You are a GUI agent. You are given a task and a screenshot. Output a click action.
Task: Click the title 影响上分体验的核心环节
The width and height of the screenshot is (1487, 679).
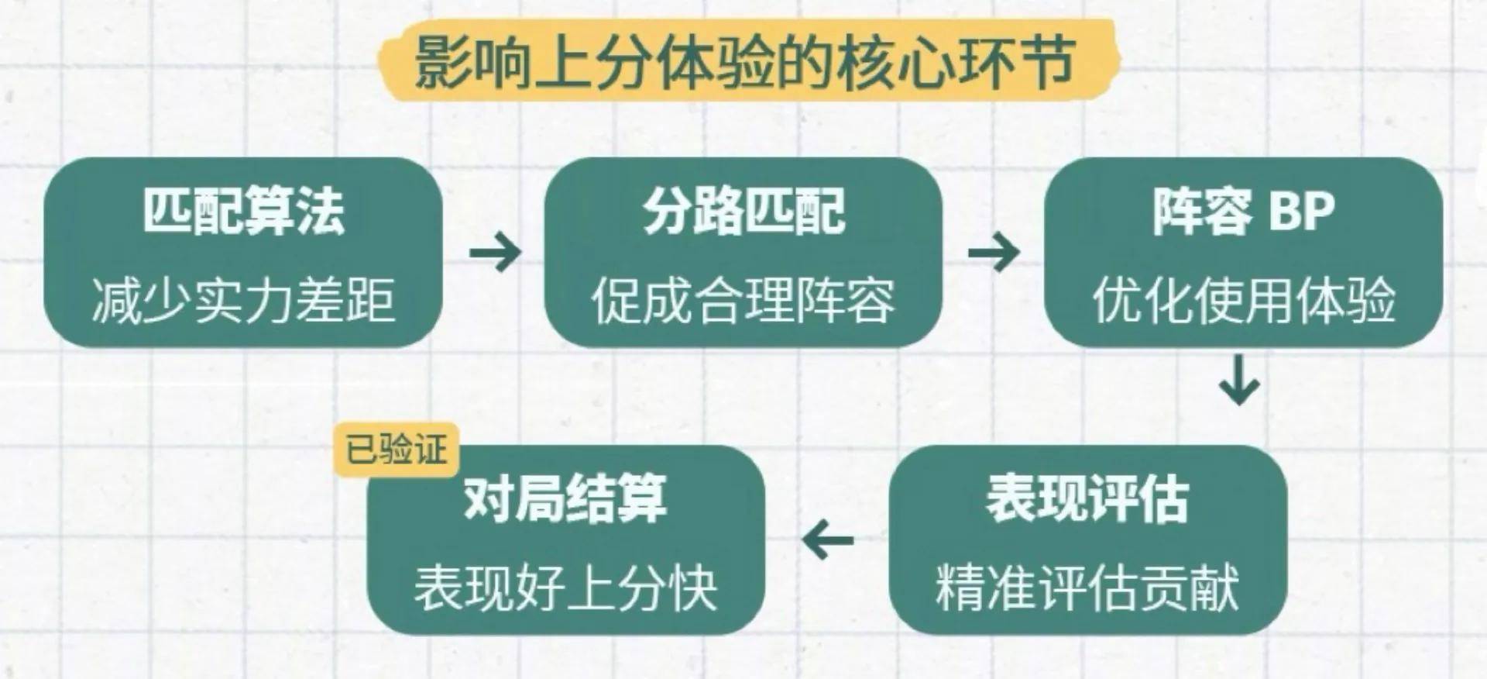click(x=743, y=61)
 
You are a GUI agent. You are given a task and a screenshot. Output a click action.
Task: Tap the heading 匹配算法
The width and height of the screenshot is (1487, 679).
click(x=243, y=211)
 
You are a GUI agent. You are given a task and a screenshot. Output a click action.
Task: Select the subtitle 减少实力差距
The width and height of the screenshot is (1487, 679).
click(x=243, y=300)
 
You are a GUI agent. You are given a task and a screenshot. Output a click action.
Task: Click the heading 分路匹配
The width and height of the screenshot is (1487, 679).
click(x=743, y=211)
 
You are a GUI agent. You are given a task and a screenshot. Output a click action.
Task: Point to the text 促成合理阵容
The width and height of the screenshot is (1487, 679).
click(x=743, y=300)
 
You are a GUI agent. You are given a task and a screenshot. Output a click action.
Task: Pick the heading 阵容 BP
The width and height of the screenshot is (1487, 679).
click(x=1244, y=211)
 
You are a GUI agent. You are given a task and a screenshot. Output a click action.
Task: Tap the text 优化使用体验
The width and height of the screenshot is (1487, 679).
click(x=1244, y=300)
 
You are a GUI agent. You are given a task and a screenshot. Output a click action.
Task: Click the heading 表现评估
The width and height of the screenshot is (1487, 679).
click(x=1087, y=498)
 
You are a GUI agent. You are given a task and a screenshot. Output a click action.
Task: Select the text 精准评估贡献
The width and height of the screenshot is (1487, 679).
click(x=1087, y=588)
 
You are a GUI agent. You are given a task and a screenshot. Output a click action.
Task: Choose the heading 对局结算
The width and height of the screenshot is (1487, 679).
click(x=565, y=498)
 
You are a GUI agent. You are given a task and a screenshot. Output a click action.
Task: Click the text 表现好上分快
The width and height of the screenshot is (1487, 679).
click(x=565, y=588)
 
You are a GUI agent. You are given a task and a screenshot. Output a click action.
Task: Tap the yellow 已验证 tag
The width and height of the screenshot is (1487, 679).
click(x=397, y=450)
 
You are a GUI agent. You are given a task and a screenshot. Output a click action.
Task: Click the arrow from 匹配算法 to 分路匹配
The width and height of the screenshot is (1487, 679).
click(x=495, y=252)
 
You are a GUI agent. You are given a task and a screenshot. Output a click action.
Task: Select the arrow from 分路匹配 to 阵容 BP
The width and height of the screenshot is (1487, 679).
click(x=994, y=252)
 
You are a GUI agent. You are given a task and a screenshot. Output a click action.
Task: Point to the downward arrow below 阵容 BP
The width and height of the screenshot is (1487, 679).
click(x=1239, y=381)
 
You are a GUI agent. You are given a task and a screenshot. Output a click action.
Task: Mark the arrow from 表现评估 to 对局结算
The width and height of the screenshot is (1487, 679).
click(x=828, y=539)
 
